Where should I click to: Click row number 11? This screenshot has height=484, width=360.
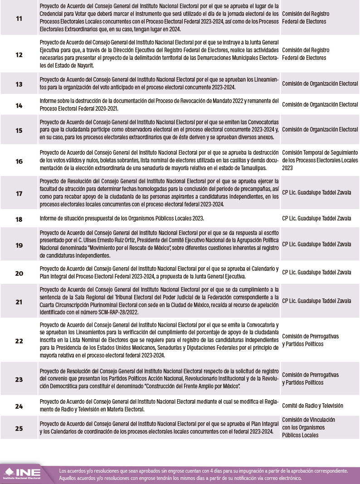(x=19, y=18)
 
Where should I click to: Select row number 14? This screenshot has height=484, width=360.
(x=19, y=105)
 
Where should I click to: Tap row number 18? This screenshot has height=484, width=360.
(x=19, y=219)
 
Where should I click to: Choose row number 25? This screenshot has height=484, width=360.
(x=19, y=427)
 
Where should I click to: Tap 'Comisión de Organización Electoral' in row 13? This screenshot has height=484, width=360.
(x=320, y=83)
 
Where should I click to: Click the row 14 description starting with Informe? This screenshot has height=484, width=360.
(x=159, y=105)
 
